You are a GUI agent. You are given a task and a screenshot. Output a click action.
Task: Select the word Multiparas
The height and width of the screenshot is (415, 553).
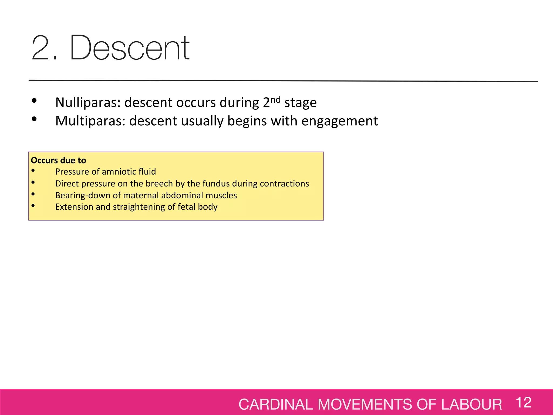tap(90, 121)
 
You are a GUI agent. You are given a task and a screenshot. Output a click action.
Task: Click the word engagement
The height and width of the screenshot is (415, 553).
tap(339, 121)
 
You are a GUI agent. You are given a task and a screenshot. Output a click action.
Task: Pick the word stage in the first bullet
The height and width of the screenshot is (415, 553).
tap(300, 103)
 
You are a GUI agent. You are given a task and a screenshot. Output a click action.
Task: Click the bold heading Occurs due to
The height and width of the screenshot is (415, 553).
tap(58, 160)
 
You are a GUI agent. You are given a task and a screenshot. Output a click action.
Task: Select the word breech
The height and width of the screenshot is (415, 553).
tap(159, 184)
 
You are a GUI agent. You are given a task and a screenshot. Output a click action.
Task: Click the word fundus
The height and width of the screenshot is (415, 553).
tap(216, 184)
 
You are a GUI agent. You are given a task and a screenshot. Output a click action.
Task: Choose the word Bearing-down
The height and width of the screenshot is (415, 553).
tap(83, 195)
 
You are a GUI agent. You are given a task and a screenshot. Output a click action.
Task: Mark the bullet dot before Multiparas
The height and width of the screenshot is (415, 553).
tap(34, 119)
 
